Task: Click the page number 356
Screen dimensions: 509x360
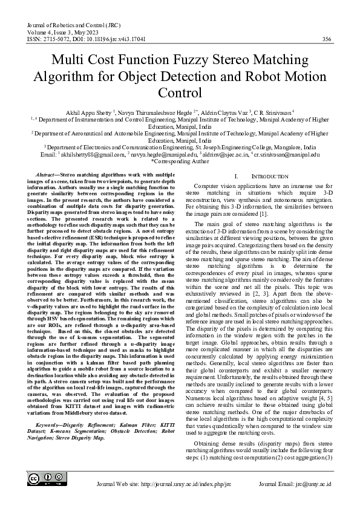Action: pyautogui.click(x=327, y=39)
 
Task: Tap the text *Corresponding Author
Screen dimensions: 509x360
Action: pyautogui.click(x=180, y=162)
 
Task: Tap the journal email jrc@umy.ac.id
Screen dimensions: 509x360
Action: pyautogui.click(x=311, y=485)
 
